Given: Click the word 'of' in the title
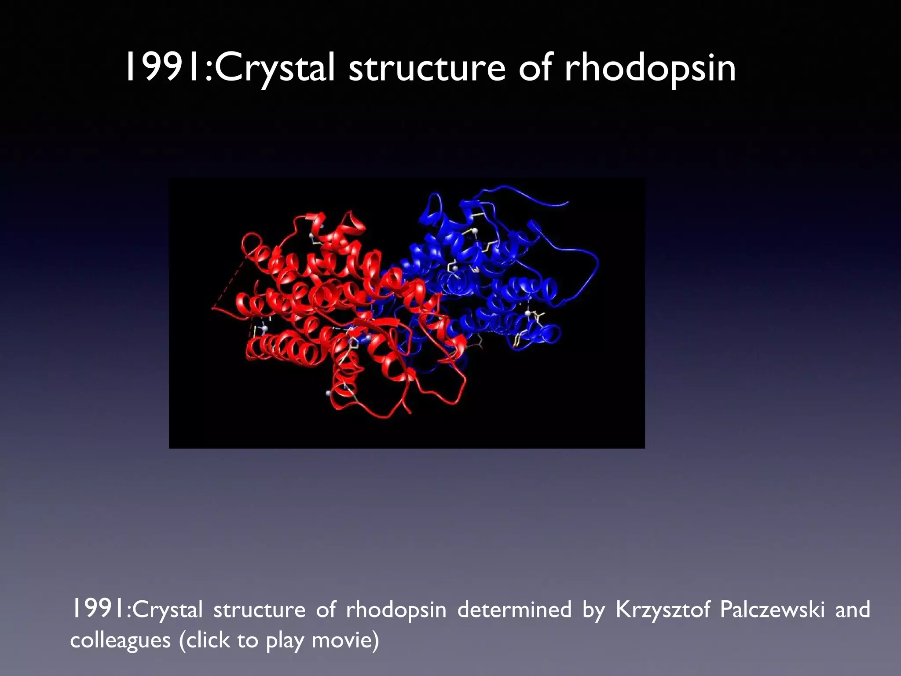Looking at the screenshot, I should click(535, 67).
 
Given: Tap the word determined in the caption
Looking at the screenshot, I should click(515, 610).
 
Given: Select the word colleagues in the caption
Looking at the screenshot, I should click(120, 641).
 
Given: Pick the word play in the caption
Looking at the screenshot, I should click(285, 641).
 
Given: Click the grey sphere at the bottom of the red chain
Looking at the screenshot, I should click(328, 393).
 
